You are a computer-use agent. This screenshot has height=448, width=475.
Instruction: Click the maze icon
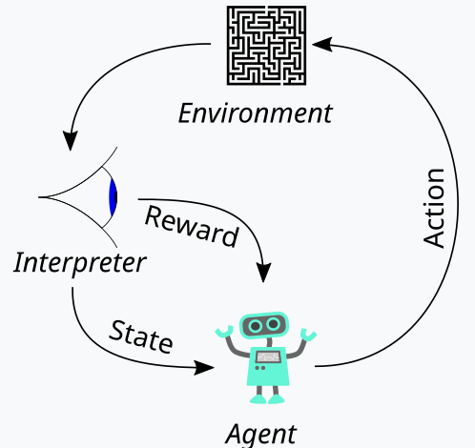tap(266, 46)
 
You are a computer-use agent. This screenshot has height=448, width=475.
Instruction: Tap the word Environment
tap(256, 113)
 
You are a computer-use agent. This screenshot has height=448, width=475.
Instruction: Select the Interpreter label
tap(80, 262)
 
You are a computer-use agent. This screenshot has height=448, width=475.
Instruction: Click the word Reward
tap(192, 227)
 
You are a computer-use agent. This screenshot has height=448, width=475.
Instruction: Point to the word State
tap(141, 336)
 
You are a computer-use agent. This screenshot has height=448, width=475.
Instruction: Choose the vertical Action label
tap(434, 208)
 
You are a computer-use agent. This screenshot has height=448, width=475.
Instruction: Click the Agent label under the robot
tap(260, 435)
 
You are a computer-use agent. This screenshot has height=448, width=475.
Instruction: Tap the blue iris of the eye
tap(113, 197)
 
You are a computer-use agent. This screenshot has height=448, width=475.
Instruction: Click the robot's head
tap(264, 325)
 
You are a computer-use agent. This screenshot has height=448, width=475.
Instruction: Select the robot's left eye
tap(256, 326)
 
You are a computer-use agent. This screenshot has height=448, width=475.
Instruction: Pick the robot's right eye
tap(274, 324)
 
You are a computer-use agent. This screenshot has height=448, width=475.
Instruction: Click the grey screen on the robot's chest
tap(268, 357)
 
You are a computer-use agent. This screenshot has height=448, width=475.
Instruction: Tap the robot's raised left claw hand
tap(224, 332)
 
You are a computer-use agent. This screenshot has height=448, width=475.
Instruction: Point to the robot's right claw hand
tap(308, 335)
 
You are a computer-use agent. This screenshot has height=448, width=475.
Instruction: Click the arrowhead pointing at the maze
tap(322, 45)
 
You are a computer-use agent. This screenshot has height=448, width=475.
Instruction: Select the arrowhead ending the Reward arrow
tap(263, 273)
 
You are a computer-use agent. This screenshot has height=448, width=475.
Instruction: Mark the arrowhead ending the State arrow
tap(204, 368)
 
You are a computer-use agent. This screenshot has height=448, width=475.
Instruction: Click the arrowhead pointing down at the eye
tap(71, 140)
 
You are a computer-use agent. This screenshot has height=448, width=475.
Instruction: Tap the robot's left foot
tap(258, 399)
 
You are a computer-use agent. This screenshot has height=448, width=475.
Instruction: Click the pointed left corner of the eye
tap(39, 197)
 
